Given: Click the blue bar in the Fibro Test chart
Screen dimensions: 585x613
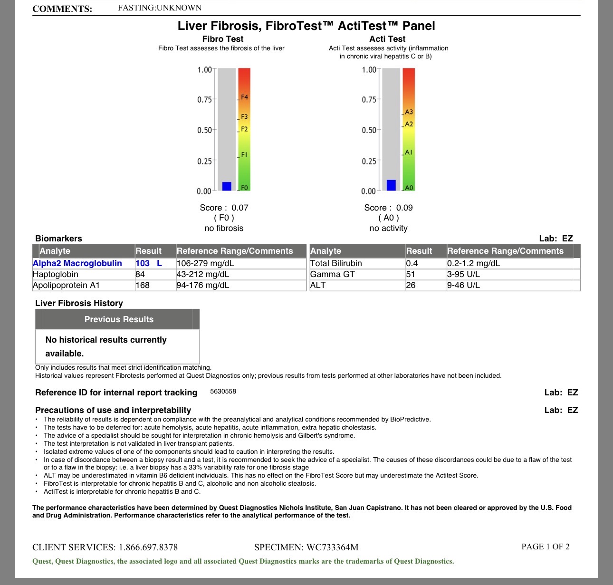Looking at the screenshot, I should [227, 186].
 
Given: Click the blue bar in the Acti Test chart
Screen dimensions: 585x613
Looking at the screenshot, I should [391, 185].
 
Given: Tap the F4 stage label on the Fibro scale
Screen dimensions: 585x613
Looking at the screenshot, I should [244, 97].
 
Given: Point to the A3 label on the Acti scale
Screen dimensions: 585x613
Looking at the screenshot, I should [409, 112].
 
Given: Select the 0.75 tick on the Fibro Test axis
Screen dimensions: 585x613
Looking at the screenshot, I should [205, 100].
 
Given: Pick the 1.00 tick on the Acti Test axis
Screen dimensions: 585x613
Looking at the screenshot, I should [369, 70].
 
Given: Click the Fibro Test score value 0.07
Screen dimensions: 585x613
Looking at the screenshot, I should [240, 208].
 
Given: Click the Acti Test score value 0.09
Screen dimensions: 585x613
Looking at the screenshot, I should [404, 208].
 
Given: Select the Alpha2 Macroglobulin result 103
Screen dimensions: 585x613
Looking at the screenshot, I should [143, 263].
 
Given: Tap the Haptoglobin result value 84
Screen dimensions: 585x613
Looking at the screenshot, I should [140, 274].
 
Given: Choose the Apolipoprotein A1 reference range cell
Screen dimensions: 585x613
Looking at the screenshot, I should [203, 285].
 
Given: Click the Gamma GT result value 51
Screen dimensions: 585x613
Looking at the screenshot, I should [411, 274].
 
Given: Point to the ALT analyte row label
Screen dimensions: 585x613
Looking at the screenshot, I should [318, 285].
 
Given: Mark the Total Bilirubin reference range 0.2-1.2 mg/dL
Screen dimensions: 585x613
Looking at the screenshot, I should [473, 263].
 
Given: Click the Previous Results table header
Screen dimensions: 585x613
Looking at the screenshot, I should [119, 319].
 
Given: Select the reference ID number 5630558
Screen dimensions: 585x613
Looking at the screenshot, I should [223, 392].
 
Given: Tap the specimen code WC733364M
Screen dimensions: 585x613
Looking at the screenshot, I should [332, 547].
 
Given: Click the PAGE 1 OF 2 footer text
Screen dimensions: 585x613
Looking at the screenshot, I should [545, 547].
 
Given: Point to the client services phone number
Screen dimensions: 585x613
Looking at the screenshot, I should [148, 547].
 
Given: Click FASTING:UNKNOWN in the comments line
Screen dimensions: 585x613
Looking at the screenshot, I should [160, 8].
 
